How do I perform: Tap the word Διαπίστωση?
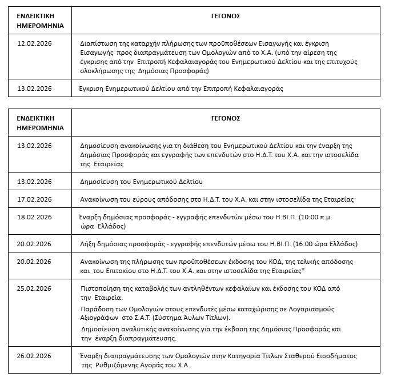tap(98, 43)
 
